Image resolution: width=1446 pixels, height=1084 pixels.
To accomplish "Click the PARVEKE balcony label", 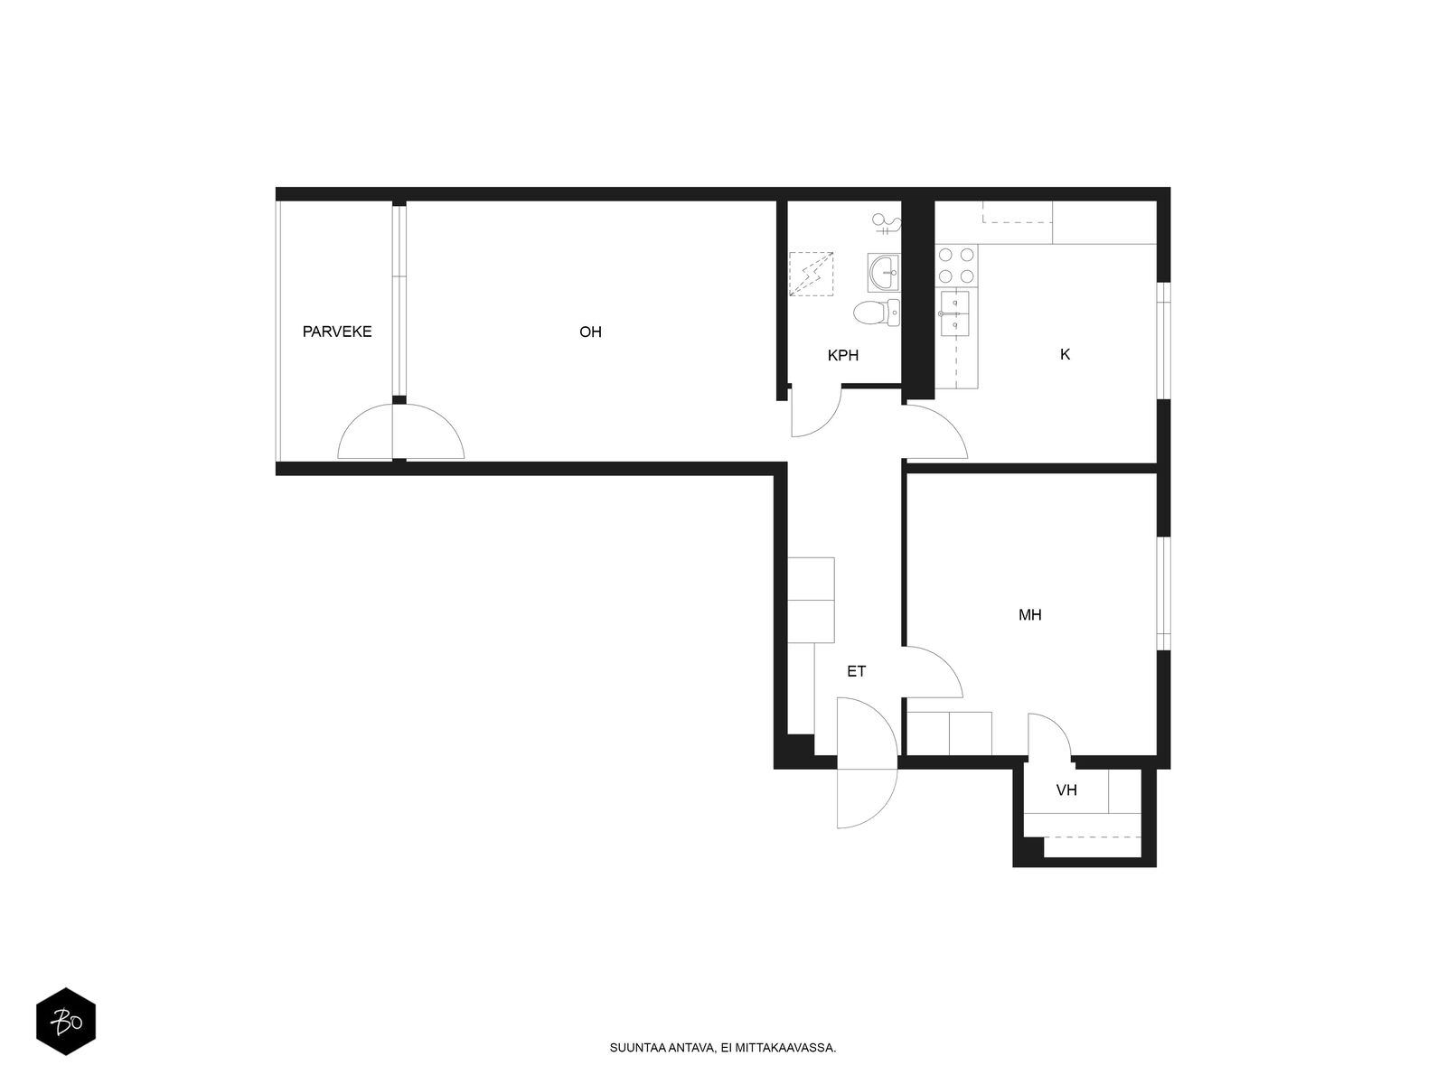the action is tap(336, 332).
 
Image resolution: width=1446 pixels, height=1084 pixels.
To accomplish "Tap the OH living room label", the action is tap(590, 332).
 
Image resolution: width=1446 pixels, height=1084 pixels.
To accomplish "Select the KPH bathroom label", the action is tap(842, 355).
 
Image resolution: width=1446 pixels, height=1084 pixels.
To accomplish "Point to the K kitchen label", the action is tap(1065, 354).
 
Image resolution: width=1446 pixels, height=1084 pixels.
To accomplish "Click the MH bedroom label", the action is tap(1029, 615).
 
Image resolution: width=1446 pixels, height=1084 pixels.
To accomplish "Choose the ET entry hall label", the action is tap(856, 671).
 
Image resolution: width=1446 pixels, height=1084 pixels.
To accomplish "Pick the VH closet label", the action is tap(1066, 790).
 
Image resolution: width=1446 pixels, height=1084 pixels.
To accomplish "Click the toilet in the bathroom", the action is tap(876, 312).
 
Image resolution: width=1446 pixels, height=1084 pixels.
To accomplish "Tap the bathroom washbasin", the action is tap(883, 271).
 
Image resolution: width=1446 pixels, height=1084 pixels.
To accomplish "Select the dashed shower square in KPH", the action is tap(811, 274).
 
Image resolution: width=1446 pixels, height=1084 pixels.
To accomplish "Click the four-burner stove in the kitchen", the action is tap(956, 265).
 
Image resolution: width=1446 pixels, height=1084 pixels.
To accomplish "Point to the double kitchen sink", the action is tap(953, 313).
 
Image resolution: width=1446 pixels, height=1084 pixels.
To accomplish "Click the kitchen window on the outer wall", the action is tap(1163, 341).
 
